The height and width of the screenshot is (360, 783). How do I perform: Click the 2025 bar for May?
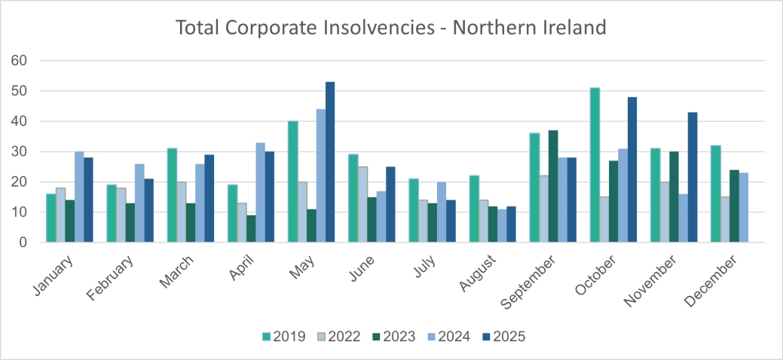point(330,162)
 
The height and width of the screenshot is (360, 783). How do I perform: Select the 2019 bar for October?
point(595,165)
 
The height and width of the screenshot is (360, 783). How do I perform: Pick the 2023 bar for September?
point(552,186)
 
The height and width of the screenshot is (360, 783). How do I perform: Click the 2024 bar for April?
point(260,192)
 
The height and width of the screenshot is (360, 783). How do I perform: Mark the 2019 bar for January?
point(50,218)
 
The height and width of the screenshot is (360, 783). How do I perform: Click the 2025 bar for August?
point(511,224)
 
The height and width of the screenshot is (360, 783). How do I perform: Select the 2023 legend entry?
point(393,337)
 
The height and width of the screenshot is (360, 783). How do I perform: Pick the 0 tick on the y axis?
point(23,243)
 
